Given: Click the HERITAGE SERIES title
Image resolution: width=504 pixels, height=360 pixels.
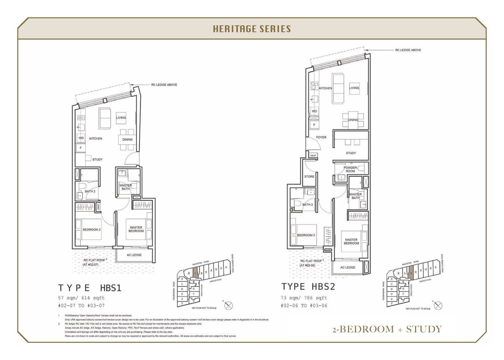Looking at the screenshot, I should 252,29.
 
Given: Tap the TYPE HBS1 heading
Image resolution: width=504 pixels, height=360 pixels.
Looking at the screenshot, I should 89,288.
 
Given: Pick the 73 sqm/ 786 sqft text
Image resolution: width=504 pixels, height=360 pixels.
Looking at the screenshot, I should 304,298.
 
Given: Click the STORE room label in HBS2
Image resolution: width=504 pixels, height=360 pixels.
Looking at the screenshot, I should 309,176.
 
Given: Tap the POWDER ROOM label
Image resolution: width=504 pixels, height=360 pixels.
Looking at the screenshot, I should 350,169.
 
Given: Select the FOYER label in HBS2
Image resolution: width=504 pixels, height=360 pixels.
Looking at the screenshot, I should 321,137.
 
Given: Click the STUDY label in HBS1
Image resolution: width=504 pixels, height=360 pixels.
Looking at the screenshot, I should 97,160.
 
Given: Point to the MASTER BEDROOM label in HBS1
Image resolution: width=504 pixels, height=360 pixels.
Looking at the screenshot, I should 136,229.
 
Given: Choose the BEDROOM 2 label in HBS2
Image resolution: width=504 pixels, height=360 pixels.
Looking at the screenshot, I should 306,235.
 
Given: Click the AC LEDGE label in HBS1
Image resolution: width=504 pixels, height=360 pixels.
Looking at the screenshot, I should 134,255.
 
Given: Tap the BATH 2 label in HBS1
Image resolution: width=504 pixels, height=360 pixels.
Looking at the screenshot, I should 90,192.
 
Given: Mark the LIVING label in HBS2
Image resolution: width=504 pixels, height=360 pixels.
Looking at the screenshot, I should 354,88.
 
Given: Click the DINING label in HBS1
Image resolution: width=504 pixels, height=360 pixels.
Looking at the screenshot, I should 127,139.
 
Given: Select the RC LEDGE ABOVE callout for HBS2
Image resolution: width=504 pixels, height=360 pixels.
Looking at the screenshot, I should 408,50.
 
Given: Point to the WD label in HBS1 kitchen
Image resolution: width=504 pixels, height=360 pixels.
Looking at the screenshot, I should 81,138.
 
